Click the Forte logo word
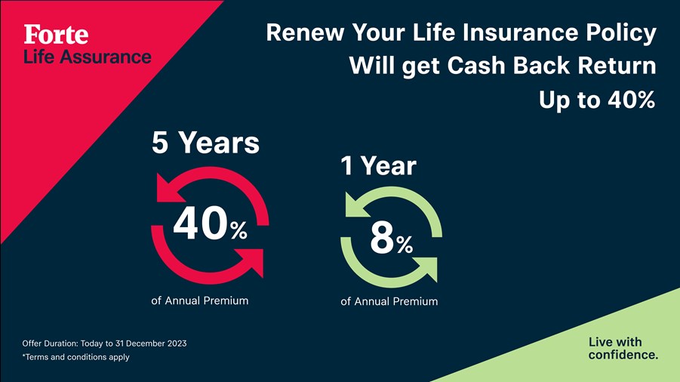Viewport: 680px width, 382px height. [x=56, y=34]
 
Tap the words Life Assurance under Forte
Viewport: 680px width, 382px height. [x=87, y=57]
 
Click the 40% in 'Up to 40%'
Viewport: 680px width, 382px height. [x=632, y=100]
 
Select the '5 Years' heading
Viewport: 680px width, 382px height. [x=205, y=143]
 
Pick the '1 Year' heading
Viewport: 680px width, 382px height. [x=379, y=165]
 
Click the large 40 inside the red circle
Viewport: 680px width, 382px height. [x=200, y=223]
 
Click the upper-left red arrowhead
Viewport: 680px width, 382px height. [x=171, y=189]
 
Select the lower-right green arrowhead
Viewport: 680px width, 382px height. [x=426, y=269]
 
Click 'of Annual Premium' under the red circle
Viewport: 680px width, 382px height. [x=200, y=300]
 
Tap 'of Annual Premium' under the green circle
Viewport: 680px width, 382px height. [x=389, y=301]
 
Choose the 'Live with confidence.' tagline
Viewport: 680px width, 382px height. [x=623, y=348]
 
